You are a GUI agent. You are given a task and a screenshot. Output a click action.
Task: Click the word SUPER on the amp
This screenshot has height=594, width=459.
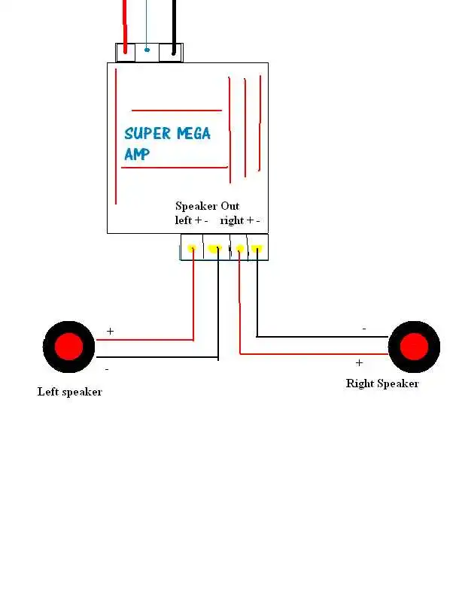tap(147, 134)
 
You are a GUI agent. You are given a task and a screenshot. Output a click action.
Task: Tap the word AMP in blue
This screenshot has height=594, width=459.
tap(137, 154)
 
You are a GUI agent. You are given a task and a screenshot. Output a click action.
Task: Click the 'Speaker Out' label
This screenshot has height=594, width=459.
tap(207, 206)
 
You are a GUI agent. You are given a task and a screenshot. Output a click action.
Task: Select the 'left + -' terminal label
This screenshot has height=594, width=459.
tap(191, 220)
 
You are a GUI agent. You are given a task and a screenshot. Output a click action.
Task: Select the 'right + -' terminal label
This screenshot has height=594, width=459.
tap(240, 220)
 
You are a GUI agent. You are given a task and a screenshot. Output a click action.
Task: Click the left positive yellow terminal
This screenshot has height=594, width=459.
tap(193, 248)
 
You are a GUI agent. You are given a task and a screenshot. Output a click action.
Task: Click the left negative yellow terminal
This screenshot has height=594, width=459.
tap(214, 248)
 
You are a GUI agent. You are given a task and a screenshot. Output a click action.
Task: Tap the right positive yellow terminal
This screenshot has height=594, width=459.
tap(240, 248)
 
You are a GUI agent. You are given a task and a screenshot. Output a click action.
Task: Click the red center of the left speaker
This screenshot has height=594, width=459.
tap(69, 347)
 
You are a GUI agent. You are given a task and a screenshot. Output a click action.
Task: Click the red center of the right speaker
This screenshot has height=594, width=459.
tap(413, 347)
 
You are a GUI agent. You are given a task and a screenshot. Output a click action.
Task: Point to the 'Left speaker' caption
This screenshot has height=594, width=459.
tap(69, 392)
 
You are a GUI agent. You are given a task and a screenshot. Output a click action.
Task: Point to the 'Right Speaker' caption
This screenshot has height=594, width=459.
tap(381, 383)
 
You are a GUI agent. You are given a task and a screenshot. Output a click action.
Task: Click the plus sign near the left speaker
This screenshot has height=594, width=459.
tap(110, 331)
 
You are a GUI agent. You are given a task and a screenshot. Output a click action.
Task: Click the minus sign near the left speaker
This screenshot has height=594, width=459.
tap(106, 369)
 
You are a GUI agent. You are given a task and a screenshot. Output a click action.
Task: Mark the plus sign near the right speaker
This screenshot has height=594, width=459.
tap(359, 362)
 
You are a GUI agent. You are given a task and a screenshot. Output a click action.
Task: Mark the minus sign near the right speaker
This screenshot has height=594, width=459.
tap(364, 329)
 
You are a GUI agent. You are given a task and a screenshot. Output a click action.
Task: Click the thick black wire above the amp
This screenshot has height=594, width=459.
tap(174, 23)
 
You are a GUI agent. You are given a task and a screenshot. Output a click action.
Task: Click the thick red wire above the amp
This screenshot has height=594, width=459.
tap(124, 23)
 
